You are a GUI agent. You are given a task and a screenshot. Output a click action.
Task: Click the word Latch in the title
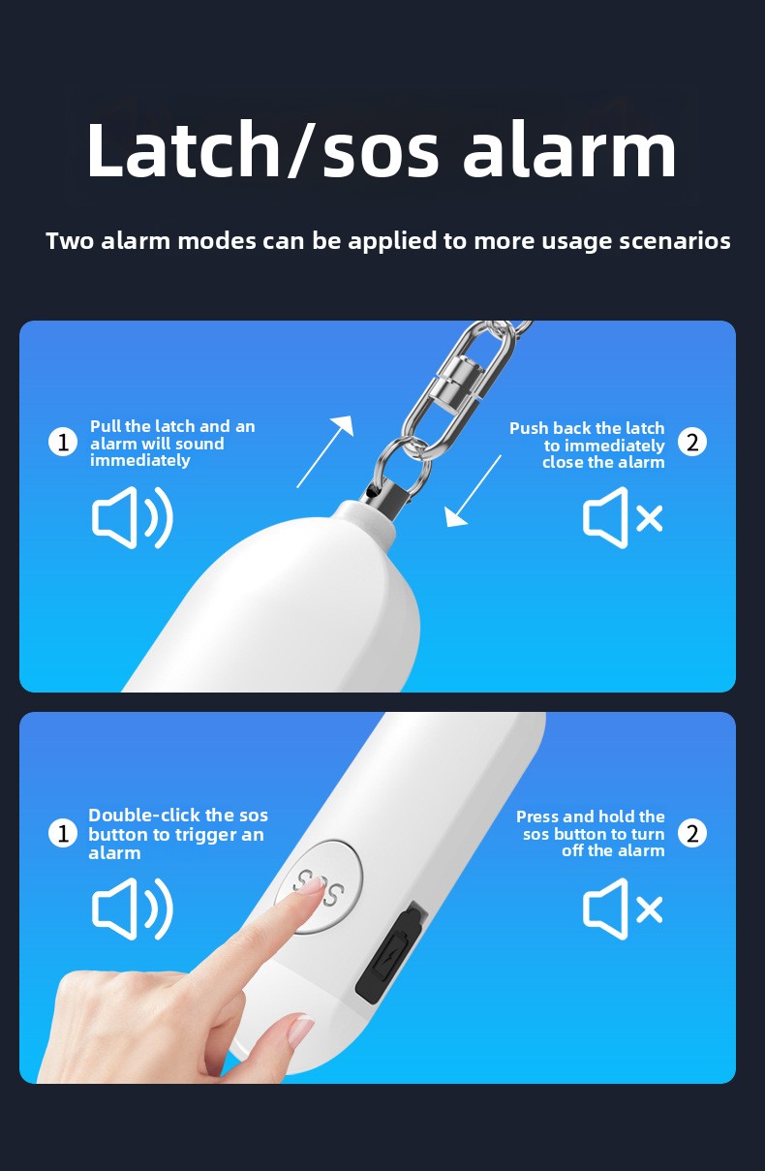(184, 149)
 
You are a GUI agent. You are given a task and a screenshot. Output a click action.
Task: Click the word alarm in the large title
(569, 149)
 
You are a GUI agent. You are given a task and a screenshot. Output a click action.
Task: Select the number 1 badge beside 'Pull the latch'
(63, 443)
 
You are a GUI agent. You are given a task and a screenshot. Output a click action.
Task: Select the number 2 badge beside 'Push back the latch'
(692, 443)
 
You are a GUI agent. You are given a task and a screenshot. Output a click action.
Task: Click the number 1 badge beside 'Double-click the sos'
(63, 833)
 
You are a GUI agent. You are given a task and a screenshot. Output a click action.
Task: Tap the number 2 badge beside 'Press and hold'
(692, 833)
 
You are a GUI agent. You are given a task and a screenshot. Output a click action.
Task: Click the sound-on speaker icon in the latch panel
(133, 517)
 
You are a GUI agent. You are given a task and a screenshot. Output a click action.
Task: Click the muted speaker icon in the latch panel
(623, 517)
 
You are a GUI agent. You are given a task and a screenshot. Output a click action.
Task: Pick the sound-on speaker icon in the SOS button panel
(133, 909)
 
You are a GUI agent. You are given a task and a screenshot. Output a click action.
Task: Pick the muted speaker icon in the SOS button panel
(623, 909)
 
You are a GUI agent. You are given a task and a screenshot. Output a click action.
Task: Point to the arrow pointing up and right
(325, 451)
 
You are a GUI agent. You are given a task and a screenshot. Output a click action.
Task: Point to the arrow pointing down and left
(473, 490)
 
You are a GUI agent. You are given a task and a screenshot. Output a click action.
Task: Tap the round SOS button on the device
(320, 885)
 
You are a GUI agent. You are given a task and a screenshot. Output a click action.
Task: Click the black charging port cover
(391, 952)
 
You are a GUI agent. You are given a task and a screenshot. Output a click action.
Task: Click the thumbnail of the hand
(302, 1030)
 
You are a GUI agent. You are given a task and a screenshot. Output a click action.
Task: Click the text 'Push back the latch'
(587, 428)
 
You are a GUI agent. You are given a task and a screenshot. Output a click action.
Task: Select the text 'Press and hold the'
(591, 817)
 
